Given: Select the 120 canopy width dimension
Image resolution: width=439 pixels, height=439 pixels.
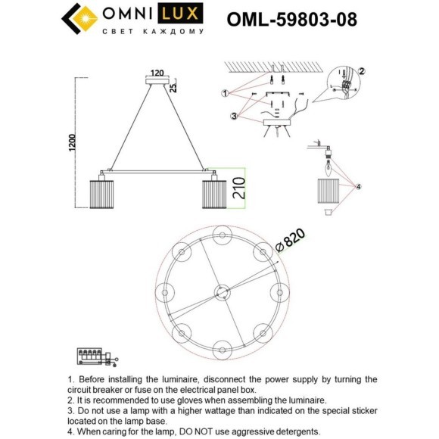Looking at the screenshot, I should pos(157,74).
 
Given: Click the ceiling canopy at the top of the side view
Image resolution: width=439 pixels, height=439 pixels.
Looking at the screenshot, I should pos(157,82).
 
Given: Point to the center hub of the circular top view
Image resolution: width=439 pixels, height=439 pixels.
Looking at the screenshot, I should pos(223,291).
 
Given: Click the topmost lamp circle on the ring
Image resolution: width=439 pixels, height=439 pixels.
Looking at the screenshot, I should pos(223,232).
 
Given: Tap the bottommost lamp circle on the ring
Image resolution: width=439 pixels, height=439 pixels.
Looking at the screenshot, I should pos(223,350).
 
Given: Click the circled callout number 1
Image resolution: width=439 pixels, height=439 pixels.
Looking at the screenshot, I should pos(225,94).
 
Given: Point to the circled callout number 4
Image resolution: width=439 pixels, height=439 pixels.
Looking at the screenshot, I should pos(360,185).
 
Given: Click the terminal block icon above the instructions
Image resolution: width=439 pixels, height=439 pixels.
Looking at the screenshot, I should pos(96,356).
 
